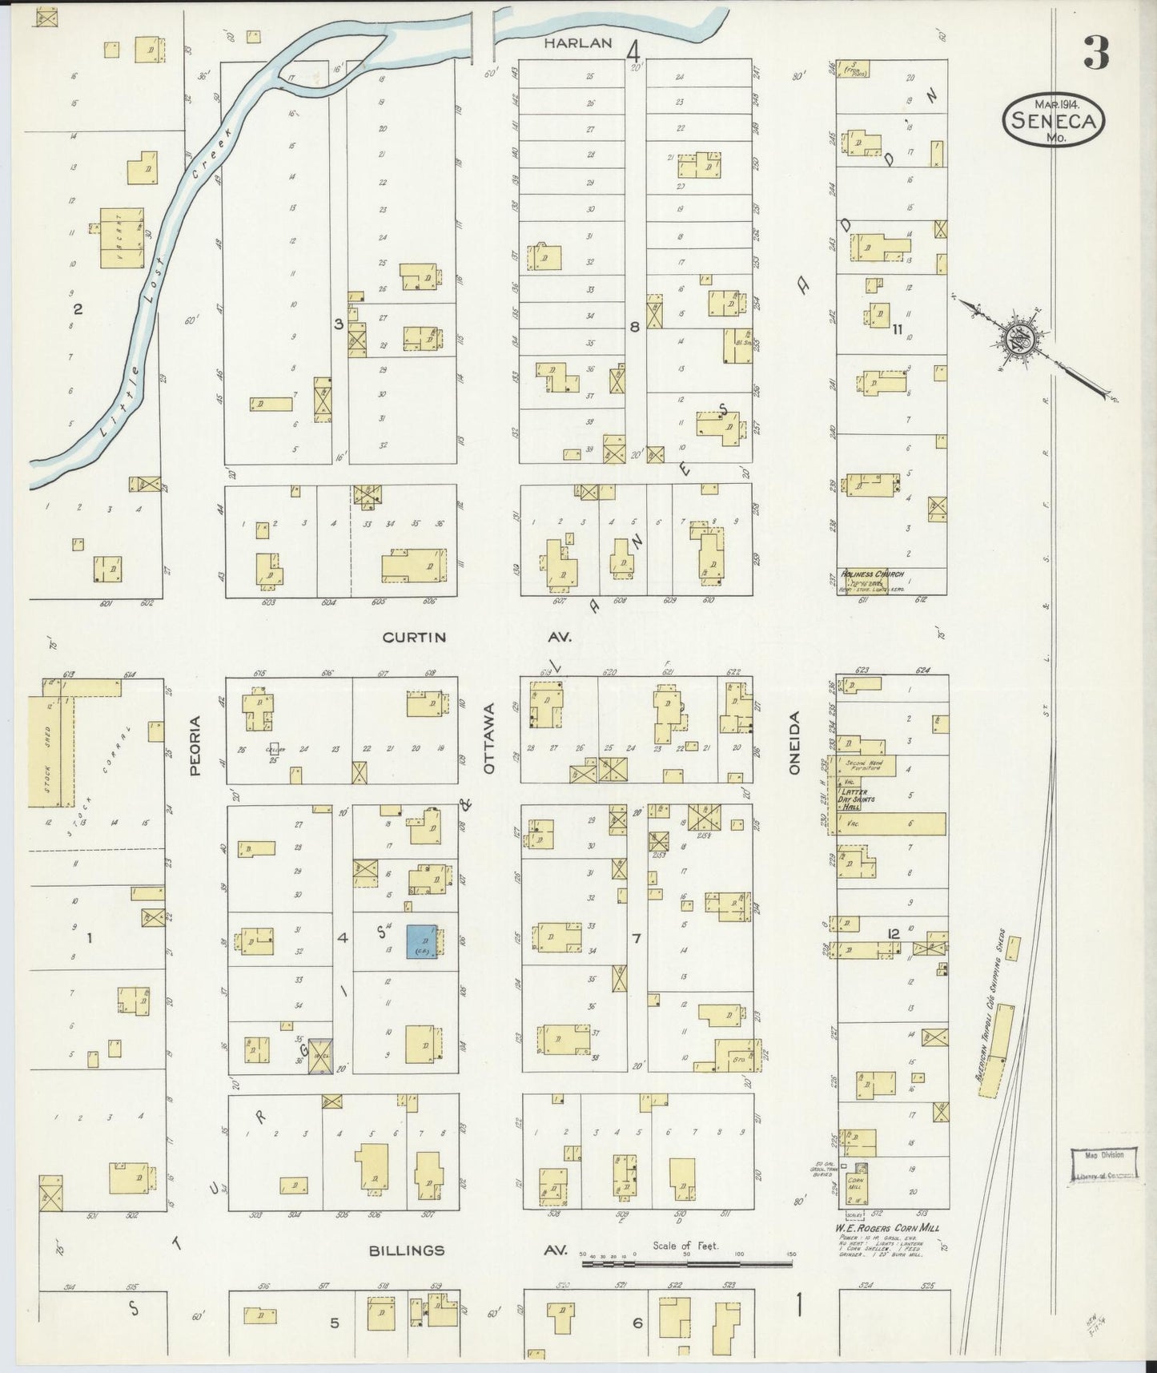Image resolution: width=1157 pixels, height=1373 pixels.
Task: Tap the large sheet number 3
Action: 1096,53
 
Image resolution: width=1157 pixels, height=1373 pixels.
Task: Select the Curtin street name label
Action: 414,638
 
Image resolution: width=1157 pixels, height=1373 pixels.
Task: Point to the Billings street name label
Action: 407,1250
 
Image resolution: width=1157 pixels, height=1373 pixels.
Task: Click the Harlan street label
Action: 578,43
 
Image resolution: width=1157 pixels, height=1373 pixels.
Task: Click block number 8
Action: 634,326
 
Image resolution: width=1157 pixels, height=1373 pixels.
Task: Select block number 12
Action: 894,933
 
